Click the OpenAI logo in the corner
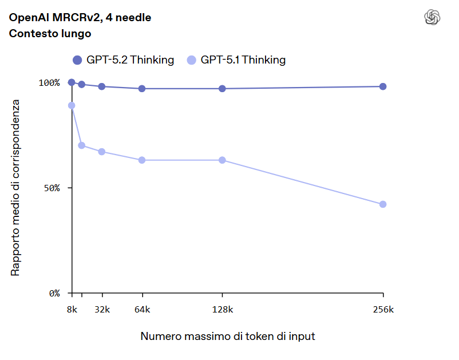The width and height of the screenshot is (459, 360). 432,18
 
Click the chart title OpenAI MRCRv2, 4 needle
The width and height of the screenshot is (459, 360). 80,18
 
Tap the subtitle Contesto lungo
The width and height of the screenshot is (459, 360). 50,34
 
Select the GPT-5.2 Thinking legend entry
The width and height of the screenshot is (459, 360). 124,60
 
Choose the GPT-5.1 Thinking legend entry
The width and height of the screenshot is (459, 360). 236,60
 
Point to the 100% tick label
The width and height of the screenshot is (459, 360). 49,82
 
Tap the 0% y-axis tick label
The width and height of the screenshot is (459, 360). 54,293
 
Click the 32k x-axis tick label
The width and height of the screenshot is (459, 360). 102,310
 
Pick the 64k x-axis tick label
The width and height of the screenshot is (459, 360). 142,310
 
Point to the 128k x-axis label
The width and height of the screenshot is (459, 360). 222,310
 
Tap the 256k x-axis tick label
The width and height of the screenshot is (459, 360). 383,310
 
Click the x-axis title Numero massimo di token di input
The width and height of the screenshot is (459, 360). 228,337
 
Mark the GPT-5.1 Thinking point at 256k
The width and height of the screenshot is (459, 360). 383,204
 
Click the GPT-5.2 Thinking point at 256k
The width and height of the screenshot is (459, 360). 383,86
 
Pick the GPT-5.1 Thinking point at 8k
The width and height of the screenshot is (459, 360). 72,105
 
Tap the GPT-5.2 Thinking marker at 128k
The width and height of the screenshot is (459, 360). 222,89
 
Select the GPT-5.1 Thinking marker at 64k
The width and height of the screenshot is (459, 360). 142,160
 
